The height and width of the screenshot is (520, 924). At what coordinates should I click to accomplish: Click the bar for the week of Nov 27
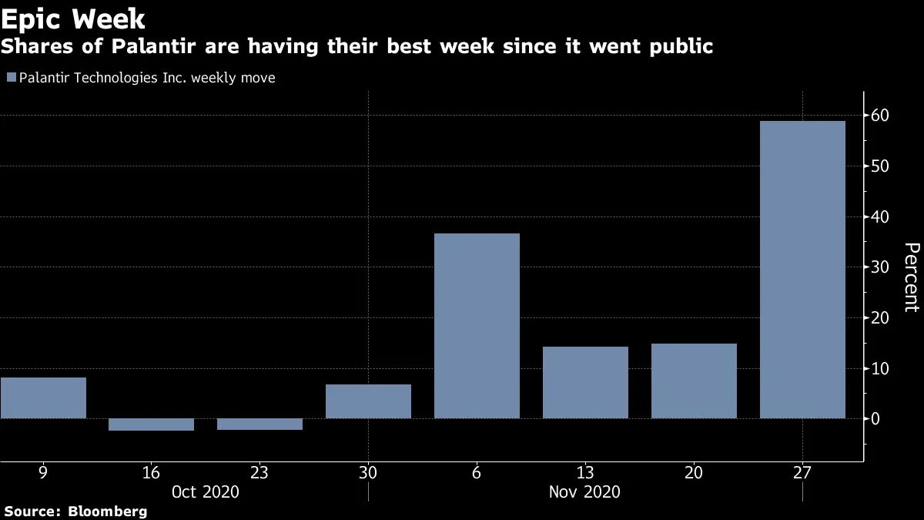tap(802, 270)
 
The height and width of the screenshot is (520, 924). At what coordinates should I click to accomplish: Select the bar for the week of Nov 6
tap(477, 326)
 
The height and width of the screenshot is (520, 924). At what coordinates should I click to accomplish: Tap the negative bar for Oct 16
tap(151, 424)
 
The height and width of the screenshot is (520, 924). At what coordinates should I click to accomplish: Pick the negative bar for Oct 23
tap(259, 424)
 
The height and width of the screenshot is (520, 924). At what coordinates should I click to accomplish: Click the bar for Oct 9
tap(43, 398)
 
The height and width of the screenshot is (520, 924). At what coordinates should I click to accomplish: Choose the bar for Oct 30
tap(368, 401)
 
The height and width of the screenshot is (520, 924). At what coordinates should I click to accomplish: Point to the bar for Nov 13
tap(585, 383)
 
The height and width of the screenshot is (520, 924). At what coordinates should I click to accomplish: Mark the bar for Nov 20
tap(694, 381)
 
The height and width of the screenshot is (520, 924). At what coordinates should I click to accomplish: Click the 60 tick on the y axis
tap(880, 116)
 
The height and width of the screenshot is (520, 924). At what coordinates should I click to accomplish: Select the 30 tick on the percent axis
tap(880, 267)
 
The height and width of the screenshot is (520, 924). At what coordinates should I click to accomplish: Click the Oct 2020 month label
tap(206, 491)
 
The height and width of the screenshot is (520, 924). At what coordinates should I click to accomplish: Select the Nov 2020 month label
tap(585, 491)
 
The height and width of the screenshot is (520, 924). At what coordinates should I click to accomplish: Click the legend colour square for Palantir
tap(12, 78)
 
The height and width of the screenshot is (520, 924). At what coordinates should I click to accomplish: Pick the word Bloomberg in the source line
tap(108, 511)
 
